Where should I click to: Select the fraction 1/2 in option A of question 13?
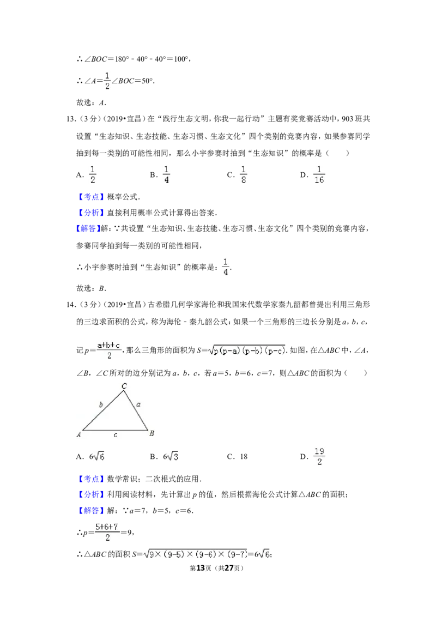click(93, 175)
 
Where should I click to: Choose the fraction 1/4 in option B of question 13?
click(166, 175)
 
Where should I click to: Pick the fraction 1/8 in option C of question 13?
click(244, 175)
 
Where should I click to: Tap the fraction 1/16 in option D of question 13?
click(319, 175)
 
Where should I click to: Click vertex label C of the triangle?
click(124, 386)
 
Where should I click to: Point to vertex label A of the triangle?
click(78, 434)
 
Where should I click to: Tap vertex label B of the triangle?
click(152, 433)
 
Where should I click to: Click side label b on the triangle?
click(101, 404)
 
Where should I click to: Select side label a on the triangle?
click(138, 404)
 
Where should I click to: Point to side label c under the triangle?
click(116, 435)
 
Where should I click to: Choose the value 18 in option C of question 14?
click(244, 456)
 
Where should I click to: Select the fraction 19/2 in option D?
click(319, 456)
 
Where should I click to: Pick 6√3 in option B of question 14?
click(171, 456)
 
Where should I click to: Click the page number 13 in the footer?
click(201, 568)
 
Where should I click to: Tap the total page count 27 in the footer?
click(229, 568)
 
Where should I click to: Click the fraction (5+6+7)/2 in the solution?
click(107, 532)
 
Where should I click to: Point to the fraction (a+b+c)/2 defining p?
click(109, 350)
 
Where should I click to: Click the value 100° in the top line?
click(181, 59)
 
